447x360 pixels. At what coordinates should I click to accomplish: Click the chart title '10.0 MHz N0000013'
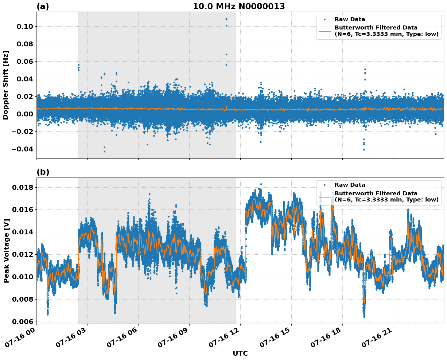click(239, 6)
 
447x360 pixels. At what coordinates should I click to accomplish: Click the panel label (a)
click(43, 6)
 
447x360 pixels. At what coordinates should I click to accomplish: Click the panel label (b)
click(43, 172)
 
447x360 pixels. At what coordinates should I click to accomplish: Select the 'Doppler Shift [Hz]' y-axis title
click(6, 85)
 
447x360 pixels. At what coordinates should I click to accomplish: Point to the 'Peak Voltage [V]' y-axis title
click(6, 251)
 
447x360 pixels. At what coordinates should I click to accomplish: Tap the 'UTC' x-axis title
click(240, 354)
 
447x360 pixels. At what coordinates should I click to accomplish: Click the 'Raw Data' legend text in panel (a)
click(350, 19)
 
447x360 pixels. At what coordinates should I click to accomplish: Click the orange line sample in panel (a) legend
click(325, 31)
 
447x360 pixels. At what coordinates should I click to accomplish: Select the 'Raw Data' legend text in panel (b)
click(350, 185)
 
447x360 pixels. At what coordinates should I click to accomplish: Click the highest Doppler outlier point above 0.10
click(226, 19)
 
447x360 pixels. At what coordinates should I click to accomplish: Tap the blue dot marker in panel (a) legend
click(325, 19)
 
